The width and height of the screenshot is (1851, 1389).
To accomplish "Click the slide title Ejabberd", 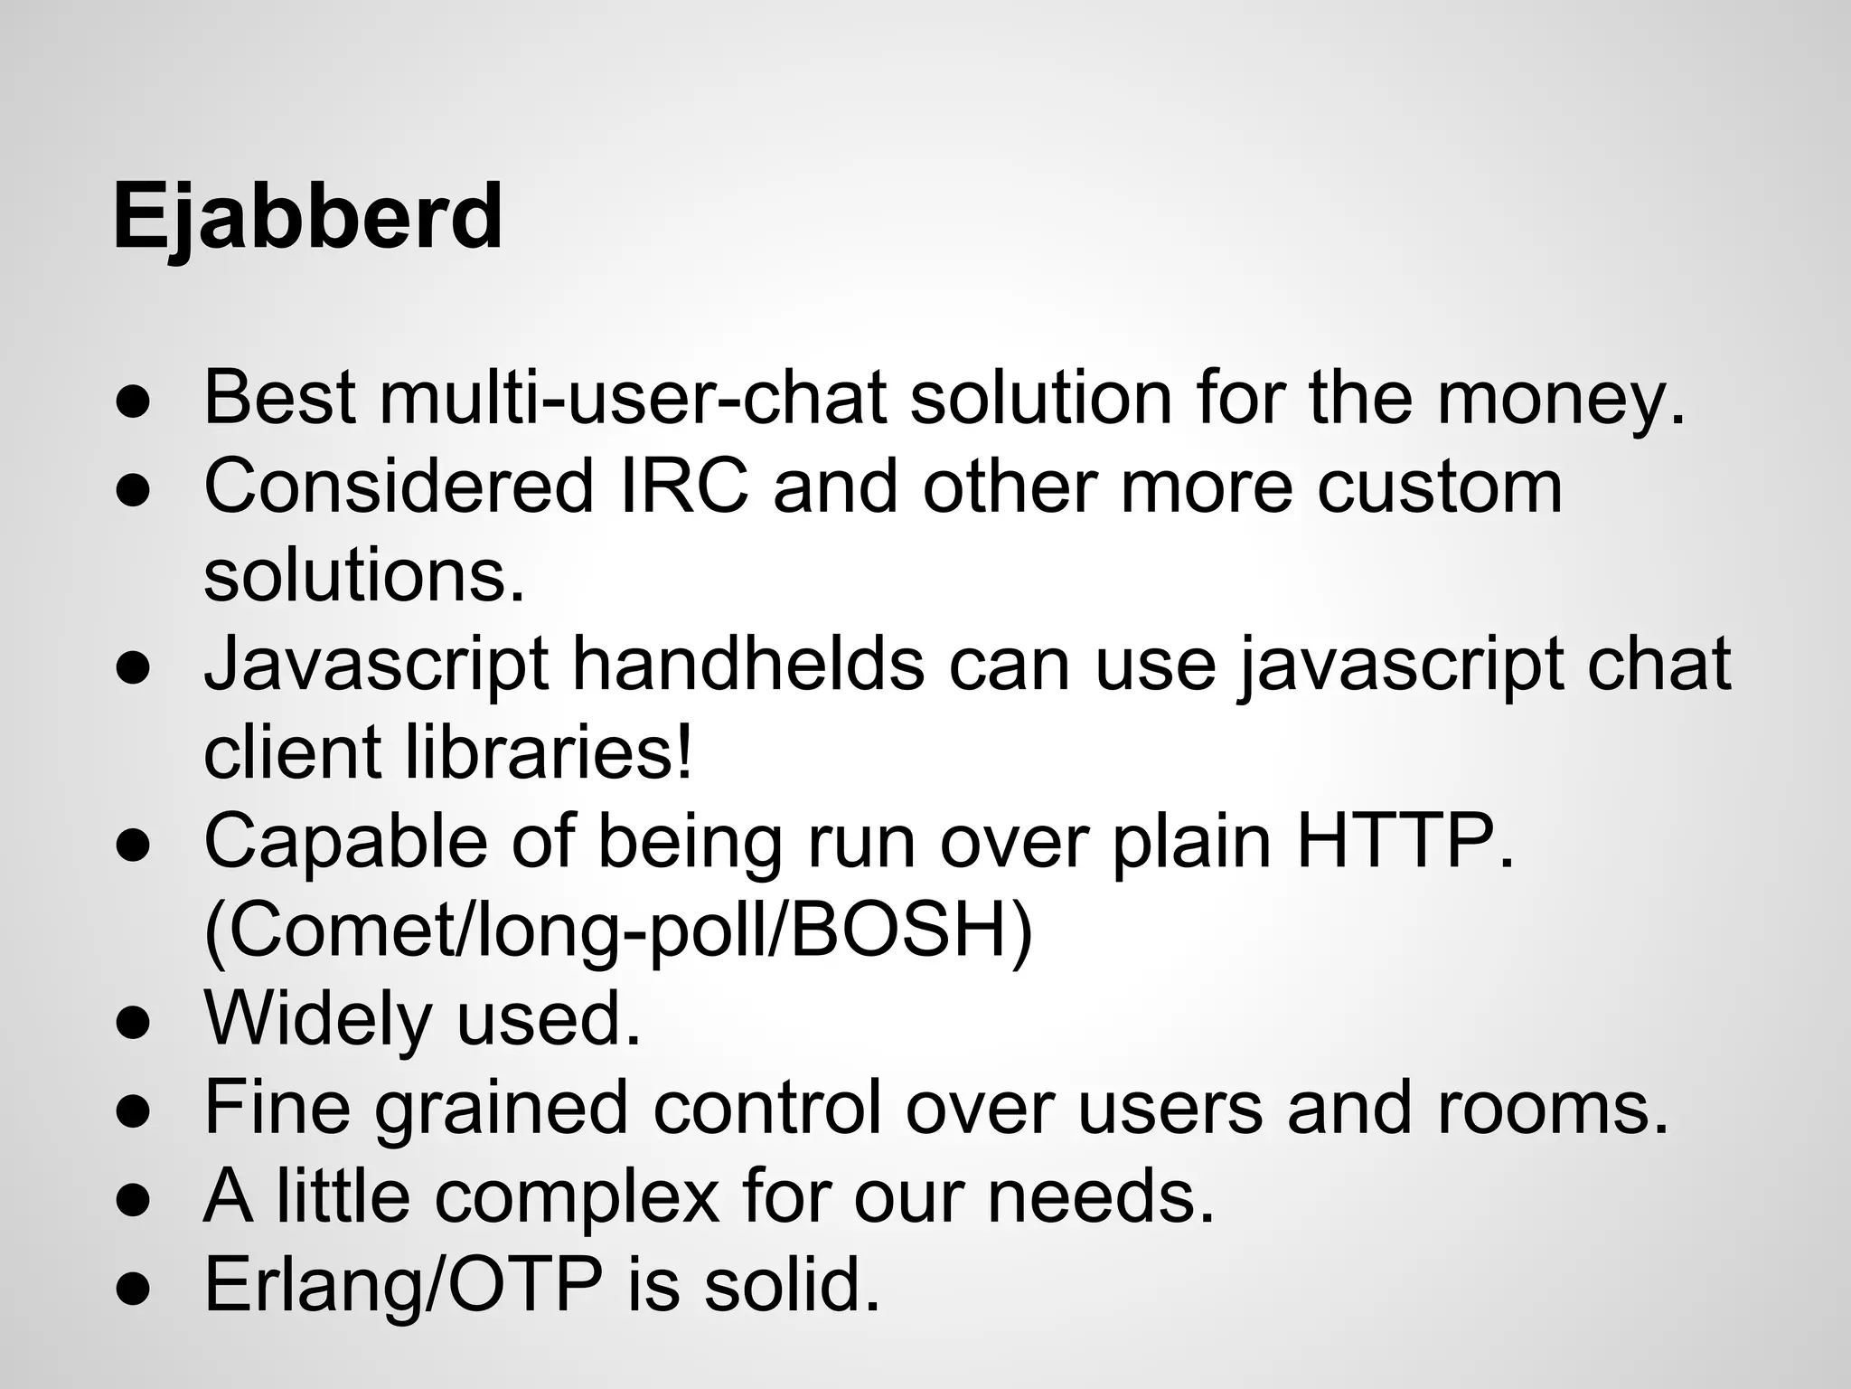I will pos(307,217).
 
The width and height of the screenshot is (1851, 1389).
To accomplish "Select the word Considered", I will pos(399,487).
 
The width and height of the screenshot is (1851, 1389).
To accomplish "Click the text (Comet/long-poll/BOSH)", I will pos(618,931).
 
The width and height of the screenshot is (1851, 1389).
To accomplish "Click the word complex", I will pos(578,1195).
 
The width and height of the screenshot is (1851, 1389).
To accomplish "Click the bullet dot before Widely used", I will pos(133,1022).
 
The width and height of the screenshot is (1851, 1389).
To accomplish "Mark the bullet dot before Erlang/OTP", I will pos(133,1288).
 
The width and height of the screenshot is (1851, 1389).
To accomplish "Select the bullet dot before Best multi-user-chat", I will pos(133,402).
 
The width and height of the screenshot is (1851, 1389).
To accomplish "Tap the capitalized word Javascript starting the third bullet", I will pos(376,664).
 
